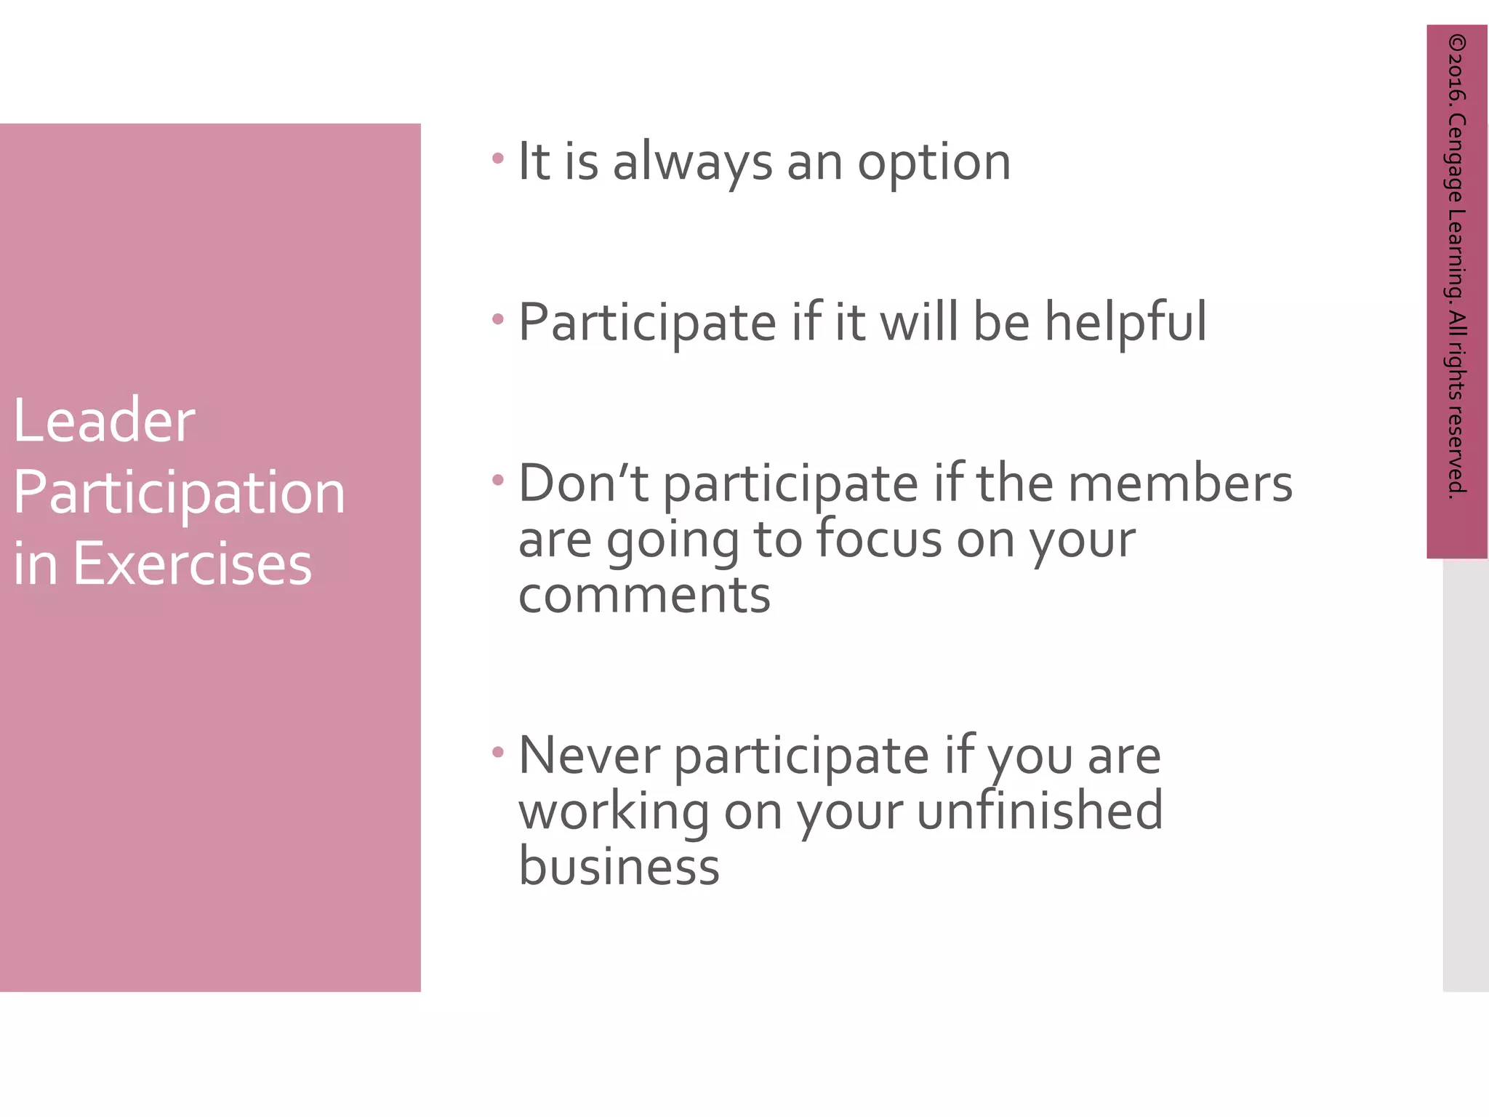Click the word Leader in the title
pos(104,421)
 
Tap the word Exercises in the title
pos(192,564)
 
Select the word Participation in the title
pos(179,493)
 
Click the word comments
pos(644,596)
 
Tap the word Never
pos(589,756)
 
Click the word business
pos(619,867)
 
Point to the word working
pos(614,813)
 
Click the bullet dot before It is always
pos(498,158)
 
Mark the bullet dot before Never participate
pos(498,753)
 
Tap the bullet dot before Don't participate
pos(498,480)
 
